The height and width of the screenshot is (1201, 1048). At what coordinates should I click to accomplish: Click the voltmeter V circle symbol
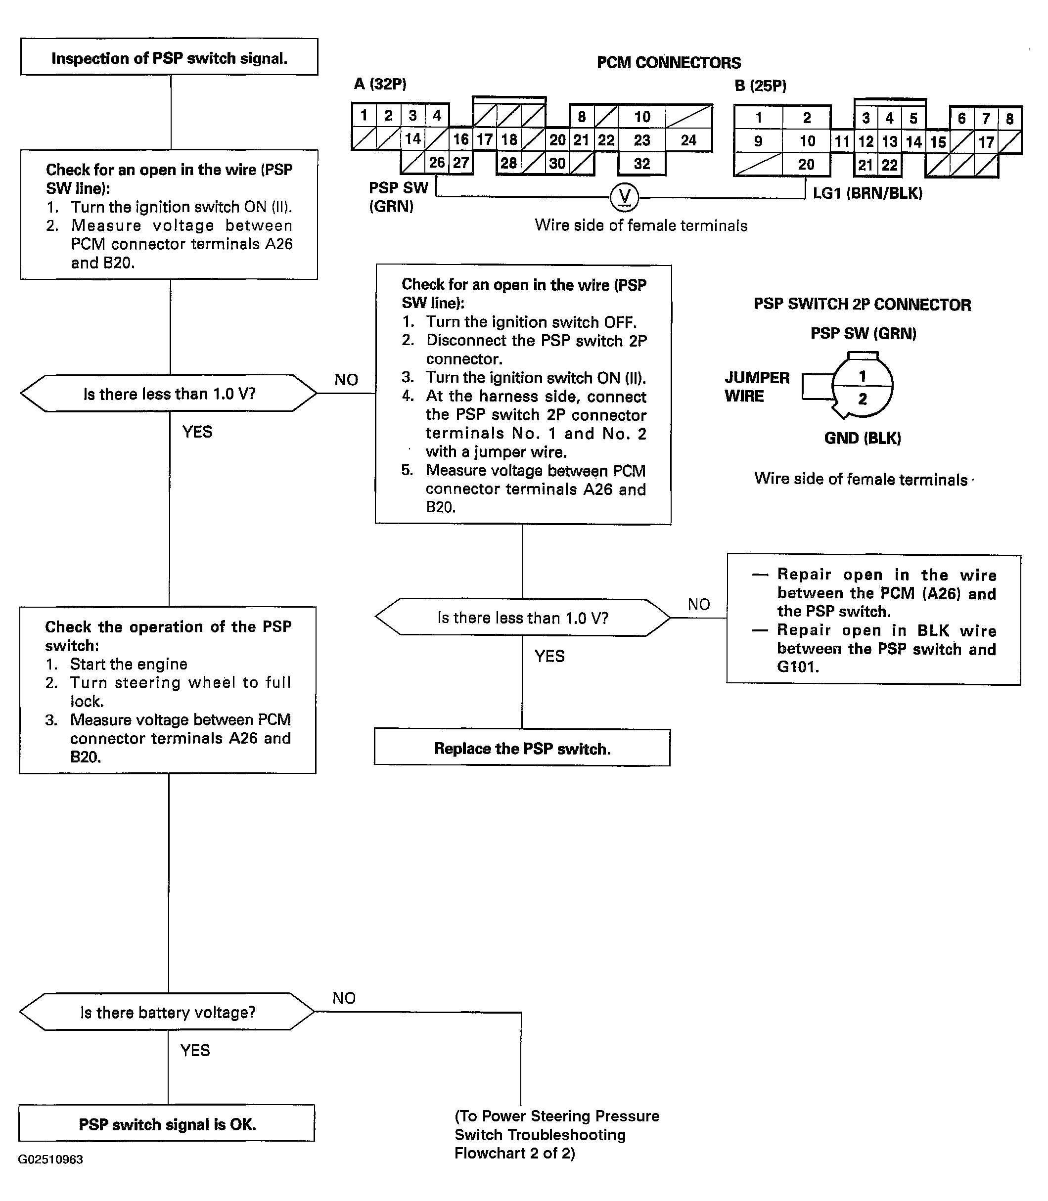tap(625, 197)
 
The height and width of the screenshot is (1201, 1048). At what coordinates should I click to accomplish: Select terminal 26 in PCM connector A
tap(437, 163)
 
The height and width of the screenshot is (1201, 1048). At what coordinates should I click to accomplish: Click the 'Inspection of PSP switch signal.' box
tap(169, 57)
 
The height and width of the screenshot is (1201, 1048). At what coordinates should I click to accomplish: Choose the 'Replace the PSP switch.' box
tap(522, 748)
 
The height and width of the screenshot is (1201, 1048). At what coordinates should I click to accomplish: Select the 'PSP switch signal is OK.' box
tap(167, 1123)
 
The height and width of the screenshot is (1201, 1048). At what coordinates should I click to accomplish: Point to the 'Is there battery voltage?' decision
tap(167, 1012)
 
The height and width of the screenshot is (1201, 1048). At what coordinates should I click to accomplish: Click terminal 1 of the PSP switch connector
tap(862, 376)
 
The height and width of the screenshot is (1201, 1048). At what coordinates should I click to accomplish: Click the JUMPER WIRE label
tap(757, 387)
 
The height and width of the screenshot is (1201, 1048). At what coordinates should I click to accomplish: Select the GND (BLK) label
tap(863, 438)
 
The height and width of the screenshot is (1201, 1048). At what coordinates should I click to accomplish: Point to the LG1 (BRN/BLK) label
tap(867, 193)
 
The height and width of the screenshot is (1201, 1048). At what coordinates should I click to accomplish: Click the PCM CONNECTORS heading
tap(669, 63)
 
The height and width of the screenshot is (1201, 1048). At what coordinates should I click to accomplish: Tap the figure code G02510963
tap(50, 1159)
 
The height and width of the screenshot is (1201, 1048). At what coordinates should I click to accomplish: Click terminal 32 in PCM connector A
tap(641, 164)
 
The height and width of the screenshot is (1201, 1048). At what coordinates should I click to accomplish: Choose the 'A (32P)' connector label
tap(380, 84)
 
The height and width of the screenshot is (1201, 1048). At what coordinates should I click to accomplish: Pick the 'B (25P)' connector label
tap(760, 86)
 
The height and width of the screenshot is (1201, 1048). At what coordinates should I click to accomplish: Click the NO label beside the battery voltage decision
tap(344, 997)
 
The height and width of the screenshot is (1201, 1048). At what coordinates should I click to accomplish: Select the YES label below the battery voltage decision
tap(195, 1050)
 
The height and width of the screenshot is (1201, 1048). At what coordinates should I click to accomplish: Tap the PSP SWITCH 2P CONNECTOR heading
tap(862, 305)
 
